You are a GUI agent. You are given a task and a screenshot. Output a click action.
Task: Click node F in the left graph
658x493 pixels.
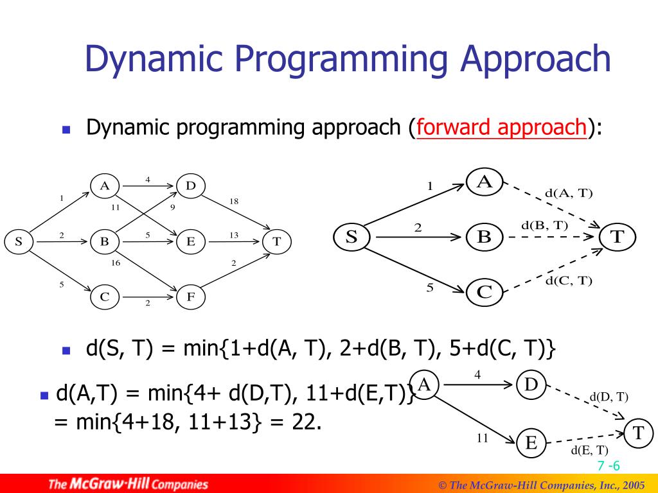[x=191, y=297]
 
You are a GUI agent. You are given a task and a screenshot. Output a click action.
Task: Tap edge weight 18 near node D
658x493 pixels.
[x=234, y=202]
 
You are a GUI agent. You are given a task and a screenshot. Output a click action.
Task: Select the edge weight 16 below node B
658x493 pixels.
[x=116, y=263]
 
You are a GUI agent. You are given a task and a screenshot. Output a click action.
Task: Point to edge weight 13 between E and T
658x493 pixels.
[x=234, y=236]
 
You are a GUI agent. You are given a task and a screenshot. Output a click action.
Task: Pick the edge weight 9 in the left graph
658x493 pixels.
[x=172, y=207]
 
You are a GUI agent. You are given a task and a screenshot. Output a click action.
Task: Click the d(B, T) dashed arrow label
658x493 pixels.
[x=544, y=225]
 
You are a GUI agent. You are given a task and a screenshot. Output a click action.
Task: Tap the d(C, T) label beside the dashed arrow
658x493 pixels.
[x=569, y=280]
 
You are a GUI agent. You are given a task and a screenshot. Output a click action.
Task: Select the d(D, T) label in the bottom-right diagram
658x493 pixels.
[x=609, y=397]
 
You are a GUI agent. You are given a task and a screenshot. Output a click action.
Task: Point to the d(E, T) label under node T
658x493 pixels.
[x=589, y=449]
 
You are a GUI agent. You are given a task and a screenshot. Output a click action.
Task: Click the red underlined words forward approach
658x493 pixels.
[x=501, y=127]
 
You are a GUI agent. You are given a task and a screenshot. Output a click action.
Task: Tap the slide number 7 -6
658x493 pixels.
[x=607, y=466]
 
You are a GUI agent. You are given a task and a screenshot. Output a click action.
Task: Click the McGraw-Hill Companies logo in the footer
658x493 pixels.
[x=129, y=484]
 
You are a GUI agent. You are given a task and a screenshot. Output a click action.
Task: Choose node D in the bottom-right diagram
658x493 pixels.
[x=531, y=385]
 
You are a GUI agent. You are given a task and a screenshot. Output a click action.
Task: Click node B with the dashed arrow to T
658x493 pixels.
[x=484, y=237]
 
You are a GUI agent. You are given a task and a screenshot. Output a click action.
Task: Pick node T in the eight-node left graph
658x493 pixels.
[x=276, y=241]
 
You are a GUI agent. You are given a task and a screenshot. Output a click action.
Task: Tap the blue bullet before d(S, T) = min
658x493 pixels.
[x=66, y=350]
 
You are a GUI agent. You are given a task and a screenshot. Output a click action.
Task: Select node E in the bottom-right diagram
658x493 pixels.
[x=531, y=443]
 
